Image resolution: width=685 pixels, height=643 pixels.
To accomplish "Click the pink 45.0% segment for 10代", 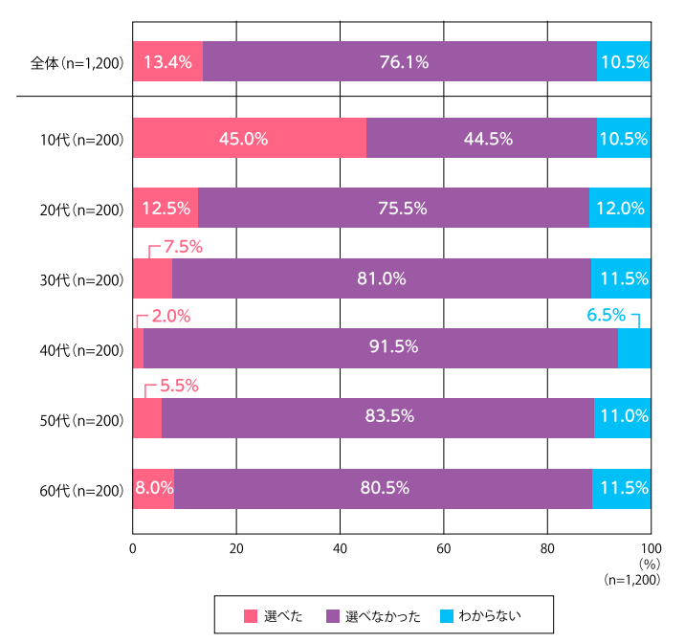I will [x=249, y=138].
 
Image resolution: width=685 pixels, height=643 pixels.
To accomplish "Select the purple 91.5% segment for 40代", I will [x=380, y=347].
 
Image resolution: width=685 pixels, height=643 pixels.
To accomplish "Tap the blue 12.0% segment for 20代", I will [x=620, y=208].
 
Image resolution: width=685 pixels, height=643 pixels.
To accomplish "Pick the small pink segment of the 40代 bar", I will [x=138, y=347].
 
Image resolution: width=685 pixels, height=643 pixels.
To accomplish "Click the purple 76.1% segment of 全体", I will [x=399, y=62].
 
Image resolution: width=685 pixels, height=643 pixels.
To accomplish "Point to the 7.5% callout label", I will [x=183, y=246].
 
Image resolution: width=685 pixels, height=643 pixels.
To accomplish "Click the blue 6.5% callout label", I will [x=606, y=314].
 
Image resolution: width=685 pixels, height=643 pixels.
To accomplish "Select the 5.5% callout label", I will [x=178, y=386].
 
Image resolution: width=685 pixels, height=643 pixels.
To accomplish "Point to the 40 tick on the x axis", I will [x=340, y=549].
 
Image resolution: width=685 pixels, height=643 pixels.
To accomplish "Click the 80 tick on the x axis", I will [x=547, y=549].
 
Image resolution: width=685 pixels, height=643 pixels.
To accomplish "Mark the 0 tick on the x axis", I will [x=133, y=549].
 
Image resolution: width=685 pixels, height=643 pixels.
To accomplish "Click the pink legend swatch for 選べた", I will [x=252, y=615].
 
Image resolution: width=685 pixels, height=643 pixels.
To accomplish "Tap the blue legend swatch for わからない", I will [x=448, y=615].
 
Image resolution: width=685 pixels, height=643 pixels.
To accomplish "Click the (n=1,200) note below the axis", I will [x=631, y=579].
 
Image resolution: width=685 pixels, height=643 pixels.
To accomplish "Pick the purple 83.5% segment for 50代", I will [x=377, y=417].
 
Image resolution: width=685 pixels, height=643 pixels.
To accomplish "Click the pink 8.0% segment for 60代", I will [x=153, y=487].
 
